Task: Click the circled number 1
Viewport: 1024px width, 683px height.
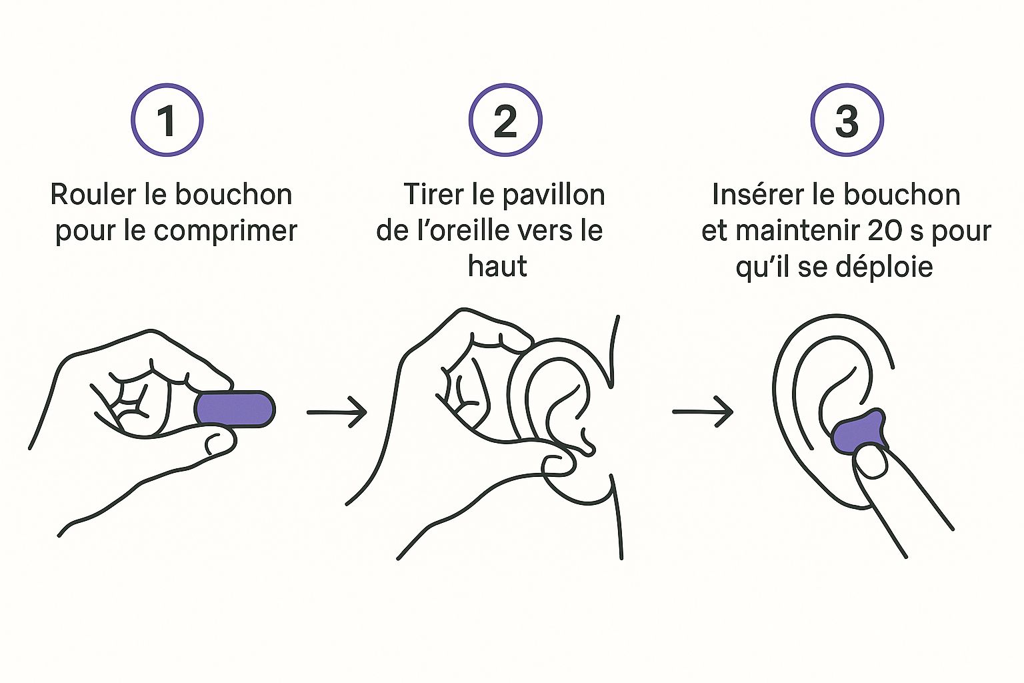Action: [167, 120]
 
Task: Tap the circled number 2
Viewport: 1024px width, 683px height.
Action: [505, 120]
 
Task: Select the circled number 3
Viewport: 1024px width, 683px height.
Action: [847, 120]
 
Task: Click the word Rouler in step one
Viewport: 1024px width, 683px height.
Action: [93, 194]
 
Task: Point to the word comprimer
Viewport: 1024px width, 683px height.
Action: [225, 231]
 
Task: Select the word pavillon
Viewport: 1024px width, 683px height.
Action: [553, 195]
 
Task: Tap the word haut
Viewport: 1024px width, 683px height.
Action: [497, 265]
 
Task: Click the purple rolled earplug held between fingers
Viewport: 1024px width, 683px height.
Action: [235, 408]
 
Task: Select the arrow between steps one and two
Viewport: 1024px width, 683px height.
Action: [337, 412]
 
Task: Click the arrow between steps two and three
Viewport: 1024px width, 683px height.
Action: [703, 412]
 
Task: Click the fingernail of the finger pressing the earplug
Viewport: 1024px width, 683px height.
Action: [871, 461]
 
